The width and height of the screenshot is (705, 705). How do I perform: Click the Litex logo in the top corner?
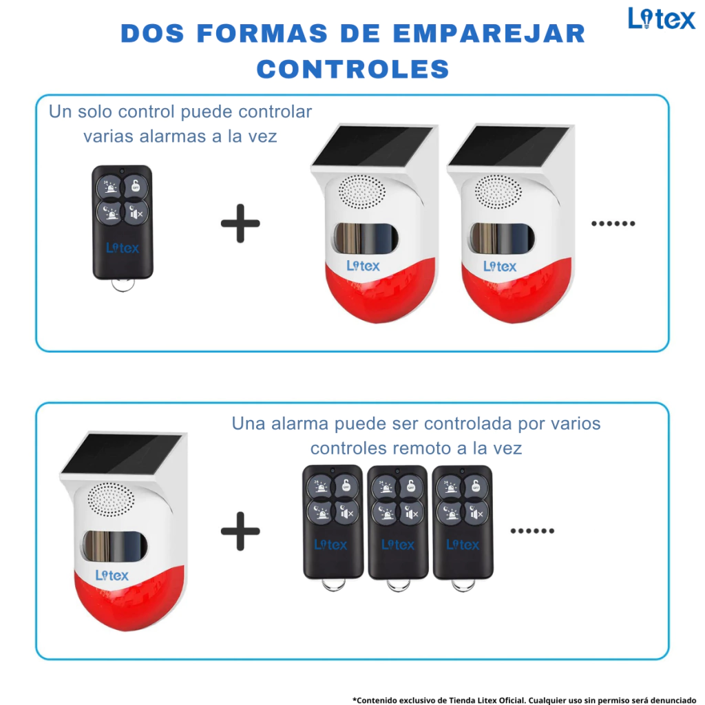(x=662, y=19)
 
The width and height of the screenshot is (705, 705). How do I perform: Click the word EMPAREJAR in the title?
(x=489, y=34)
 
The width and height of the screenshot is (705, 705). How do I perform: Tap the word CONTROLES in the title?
(x=353, y=70)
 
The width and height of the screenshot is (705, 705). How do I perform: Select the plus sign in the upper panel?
(x=240, y=224)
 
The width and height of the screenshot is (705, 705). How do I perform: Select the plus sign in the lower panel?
(x=240, y=531)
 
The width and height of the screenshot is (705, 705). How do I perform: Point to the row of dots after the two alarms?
(x=613, y=224)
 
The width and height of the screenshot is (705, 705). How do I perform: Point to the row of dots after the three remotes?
(x=532, y=531)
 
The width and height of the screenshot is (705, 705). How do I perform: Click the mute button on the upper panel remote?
(x=136, y=213)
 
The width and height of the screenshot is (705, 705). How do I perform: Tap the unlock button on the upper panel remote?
(x=136, y=186)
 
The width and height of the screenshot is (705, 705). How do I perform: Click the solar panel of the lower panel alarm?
(x=123, y=453)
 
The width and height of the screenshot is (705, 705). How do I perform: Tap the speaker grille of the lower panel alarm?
(x=111, y=500)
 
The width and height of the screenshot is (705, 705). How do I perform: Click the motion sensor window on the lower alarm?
(x=115, y=546)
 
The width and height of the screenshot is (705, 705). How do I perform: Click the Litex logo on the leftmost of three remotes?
(x=331, y=545)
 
